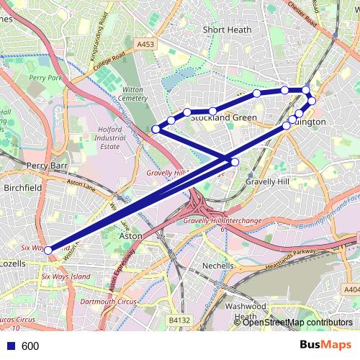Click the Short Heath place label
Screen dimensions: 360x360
point(227,30)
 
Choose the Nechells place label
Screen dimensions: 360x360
point(218,266)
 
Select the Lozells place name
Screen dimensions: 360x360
point(13,264)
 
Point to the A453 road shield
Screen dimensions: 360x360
point(145,44)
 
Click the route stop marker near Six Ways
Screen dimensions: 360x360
point(48,251)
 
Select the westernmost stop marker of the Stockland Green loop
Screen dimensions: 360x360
point(156,129)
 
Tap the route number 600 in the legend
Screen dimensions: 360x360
point(30,346)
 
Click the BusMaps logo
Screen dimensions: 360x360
point(320,345)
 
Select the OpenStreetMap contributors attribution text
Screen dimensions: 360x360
point(297,323)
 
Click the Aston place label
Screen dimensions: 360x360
point(130,235)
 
